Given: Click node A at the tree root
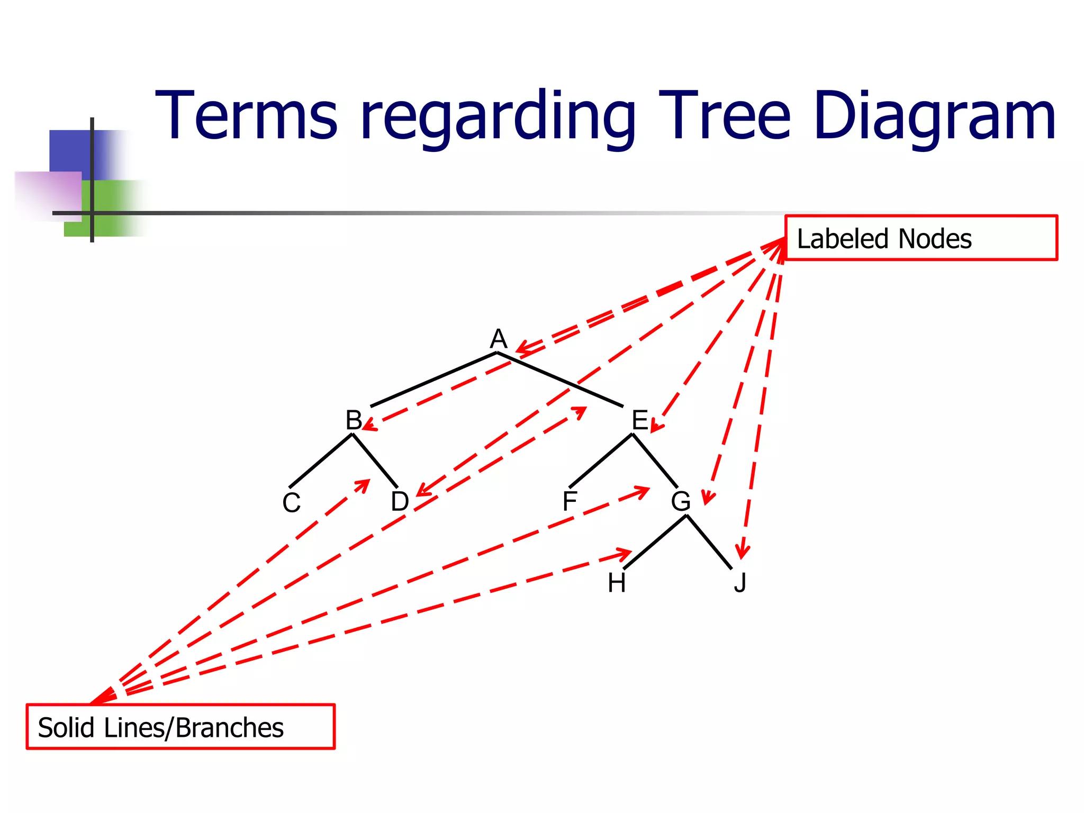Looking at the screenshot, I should [499, 339].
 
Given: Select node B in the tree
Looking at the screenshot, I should [354, 420].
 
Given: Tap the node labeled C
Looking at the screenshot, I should [291, 502].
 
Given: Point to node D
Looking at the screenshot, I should [400, 501].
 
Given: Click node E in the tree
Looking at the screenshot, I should [640, 420].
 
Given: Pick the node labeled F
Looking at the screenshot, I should [570, 501].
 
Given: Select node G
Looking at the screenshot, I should [681, 501].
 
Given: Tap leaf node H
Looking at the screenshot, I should [617, 583].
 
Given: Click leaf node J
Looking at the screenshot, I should [740, 583].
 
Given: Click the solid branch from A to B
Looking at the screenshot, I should [433, 380].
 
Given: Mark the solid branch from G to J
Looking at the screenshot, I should [709, 542].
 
